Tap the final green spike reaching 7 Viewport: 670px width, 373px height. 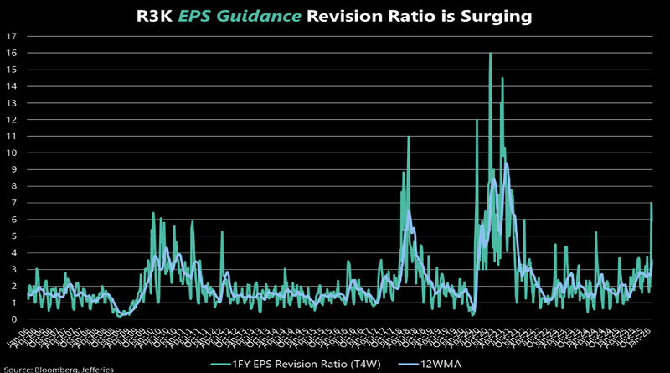coord(651,204)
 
